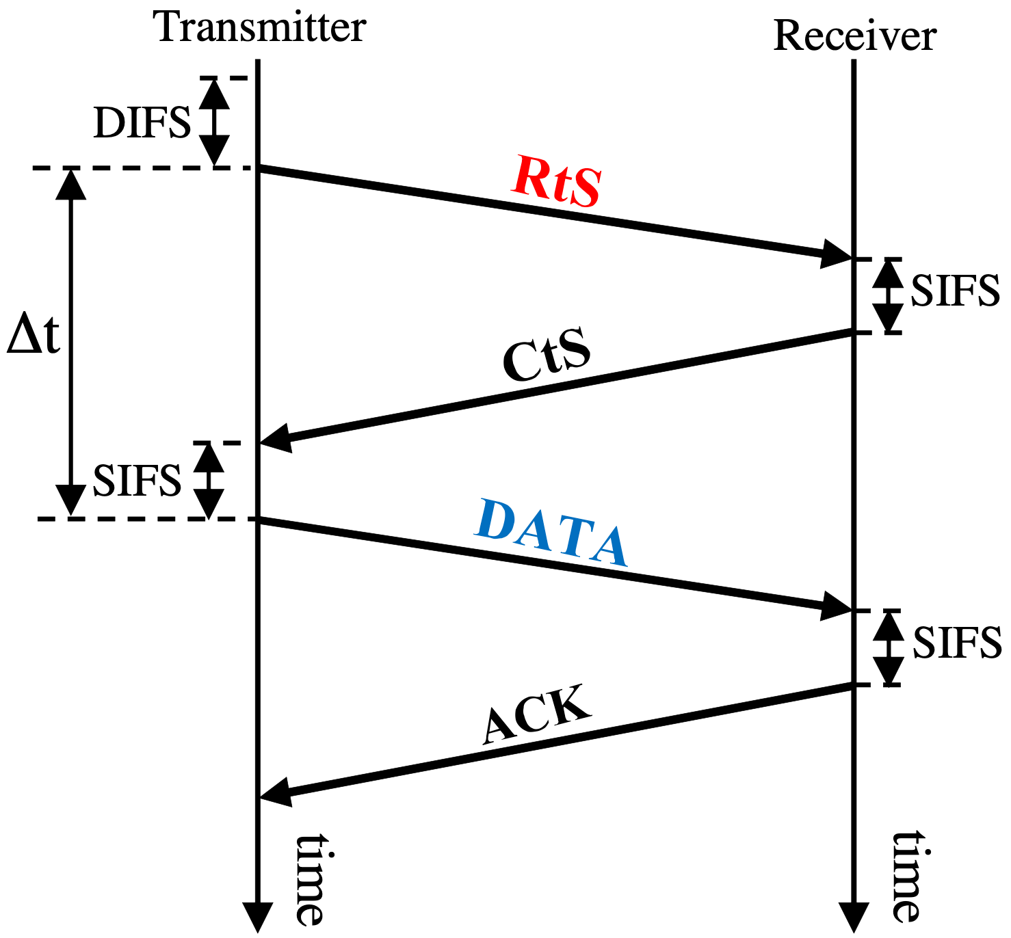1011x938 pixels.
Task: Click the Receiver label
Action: point(854,36)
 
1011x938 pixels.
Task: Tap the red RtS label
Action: point(557,181)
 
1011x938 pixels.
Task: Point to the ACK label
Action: point(536,714)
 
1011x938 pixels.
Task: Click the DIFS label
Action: point(142,123)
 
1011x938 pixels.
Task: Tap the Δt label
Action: point(33,335)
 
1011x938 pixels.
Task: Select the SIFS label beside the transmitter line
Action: point(137,480)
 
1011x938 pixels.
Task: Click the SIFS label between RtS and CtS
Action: point(955,291)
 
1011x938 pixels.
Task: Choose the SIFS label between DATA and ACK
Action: point(957,643)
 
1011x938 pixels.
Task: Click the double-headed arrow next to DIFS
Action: point(215,122)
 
